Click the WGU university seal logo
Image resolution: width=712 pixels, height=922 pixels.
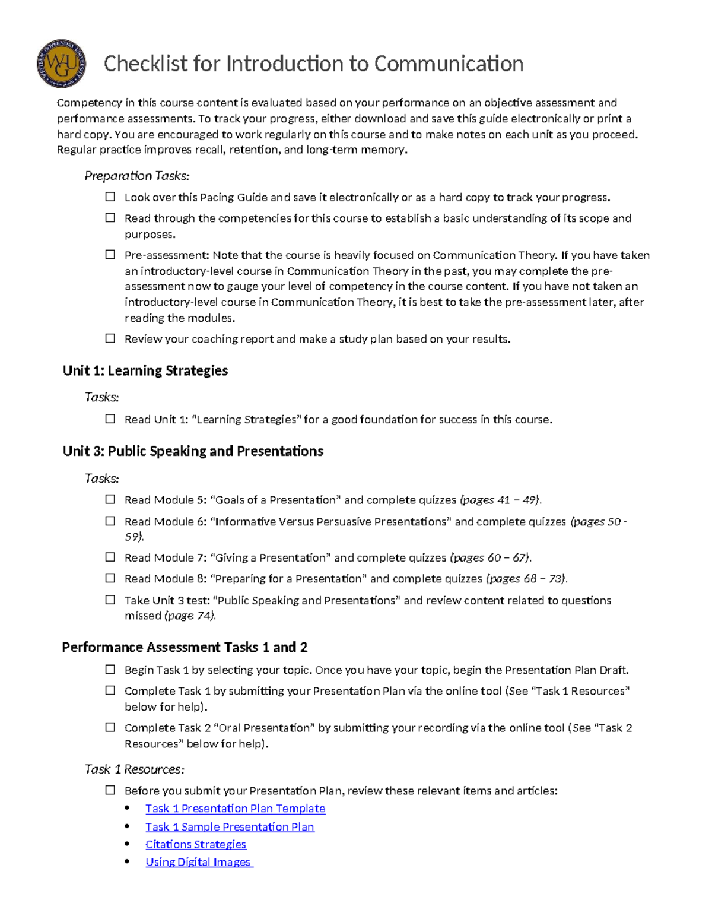coord(61,64)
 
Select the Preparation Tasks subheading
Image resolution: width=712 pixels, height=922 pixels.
coord(137,176)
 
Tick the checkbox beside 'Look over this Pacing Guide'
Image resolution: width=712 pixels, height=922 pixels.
coord(110,197)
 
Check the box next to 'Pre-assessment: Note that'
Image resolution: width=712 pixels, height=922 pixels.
coord(110,255)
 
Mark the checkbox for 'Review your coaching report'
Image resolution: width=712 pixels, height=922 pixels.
coord(110,338)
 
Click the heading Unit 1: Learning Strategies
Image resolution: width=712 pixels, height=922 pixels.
coord(145,371)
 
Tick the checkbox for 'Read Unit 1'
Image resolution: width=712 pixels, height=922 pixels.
coord(110,419)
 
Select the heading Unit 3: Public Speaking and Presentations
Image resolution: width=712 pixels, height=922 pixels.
coord(193,451)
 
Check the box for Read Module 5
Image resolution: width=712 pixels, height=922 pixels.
coord(110,500)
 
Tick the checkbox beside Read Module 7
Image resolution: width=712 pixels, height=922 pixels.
coord(110,557)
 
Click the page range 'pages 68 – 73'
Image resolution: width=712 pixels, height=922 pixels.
coord(526,579)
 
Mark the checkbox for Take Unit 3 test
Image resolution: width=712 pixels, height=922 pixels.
coord(110,600)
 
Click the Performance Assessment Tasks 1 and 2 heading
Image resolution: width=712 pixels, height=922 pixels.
coord(185,647)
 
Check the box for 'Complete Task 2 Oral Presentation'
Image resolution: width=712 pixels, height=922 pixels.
coord(110,727)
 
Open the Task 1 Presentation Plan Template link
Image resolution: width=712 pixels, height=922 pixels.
coord(235,809)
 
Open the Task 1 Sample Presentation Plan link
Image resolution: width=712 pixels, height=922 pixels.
coord(230,827)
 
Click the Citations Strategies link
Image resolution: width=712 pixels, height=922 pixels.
coord(196,844)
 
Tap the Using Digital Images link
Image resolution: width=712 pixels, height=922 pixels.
coord(198,862)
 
